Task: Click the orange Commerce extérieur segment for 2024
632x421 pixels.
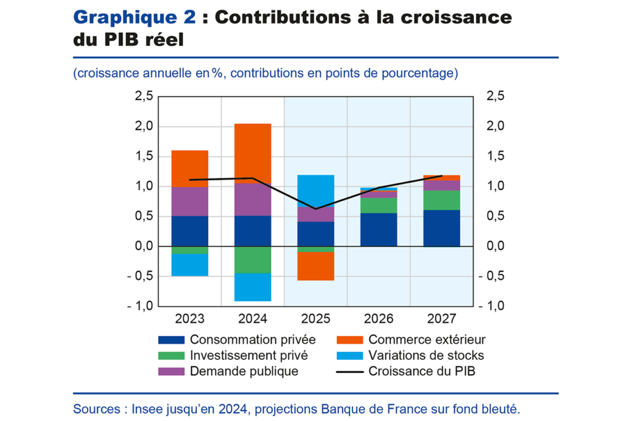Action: (252, 153)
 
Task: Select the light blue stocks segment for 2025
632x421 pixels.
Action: (315, 191)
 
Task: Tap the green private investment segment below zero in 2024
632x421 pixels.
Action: (252, 259)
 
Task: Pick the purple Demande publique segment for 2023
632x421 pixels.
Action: (189, 201)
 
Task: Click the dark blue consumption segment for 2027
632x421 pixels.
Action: (441, 228)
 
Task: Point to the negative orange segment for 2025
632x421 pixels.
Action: (315, 266)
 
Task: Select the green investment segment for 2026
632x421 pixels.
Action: (378, 205)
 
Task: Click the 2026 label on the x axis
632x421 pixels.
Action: (378, 319)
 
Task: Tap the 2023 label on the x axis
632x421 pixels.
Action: (189, 319)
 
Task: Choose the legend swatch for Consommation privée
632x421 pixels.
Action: (172, 340)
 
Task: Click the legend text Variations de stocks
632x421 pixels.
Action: (426, 356)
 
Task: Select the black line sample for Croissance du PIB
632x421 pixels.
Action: (350, 372)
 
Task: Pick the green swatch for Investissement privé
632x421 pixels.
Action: (172, 356)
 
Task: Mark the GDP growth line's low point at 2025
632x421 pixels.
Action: (315, 209)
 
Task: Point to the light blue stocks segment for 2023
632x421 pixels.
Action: (189, 265)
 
